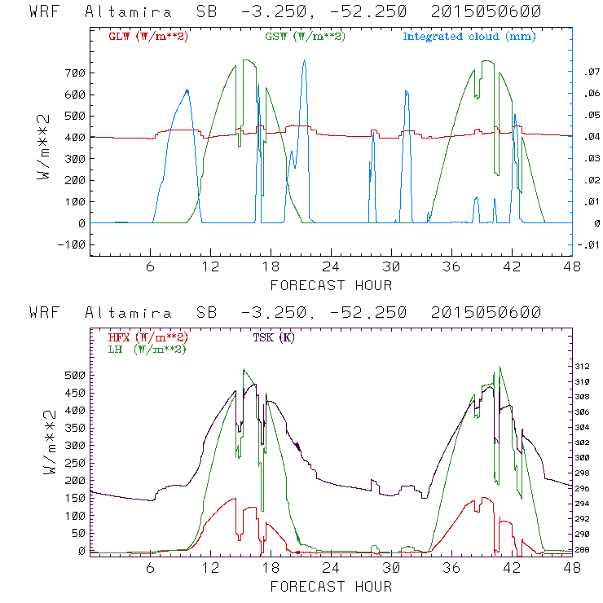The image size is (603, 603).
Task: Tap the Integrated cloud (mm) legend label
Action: tap(469, 37)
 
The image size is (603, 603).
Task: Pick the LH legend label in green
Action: tap(147, 349)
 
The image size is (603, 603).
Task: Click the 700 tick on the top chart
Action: tap(74, 73)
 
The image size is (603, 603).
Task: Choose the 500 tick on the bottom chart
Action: tap(74, 376)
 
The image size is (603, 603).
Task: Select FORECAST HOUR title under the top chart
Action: tap(331, 285)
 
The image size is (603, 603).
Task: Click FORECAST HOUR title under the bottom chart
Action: tap(331, 587)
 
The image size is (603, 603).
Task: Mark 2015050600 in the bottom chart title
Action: tap(491, 314)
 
